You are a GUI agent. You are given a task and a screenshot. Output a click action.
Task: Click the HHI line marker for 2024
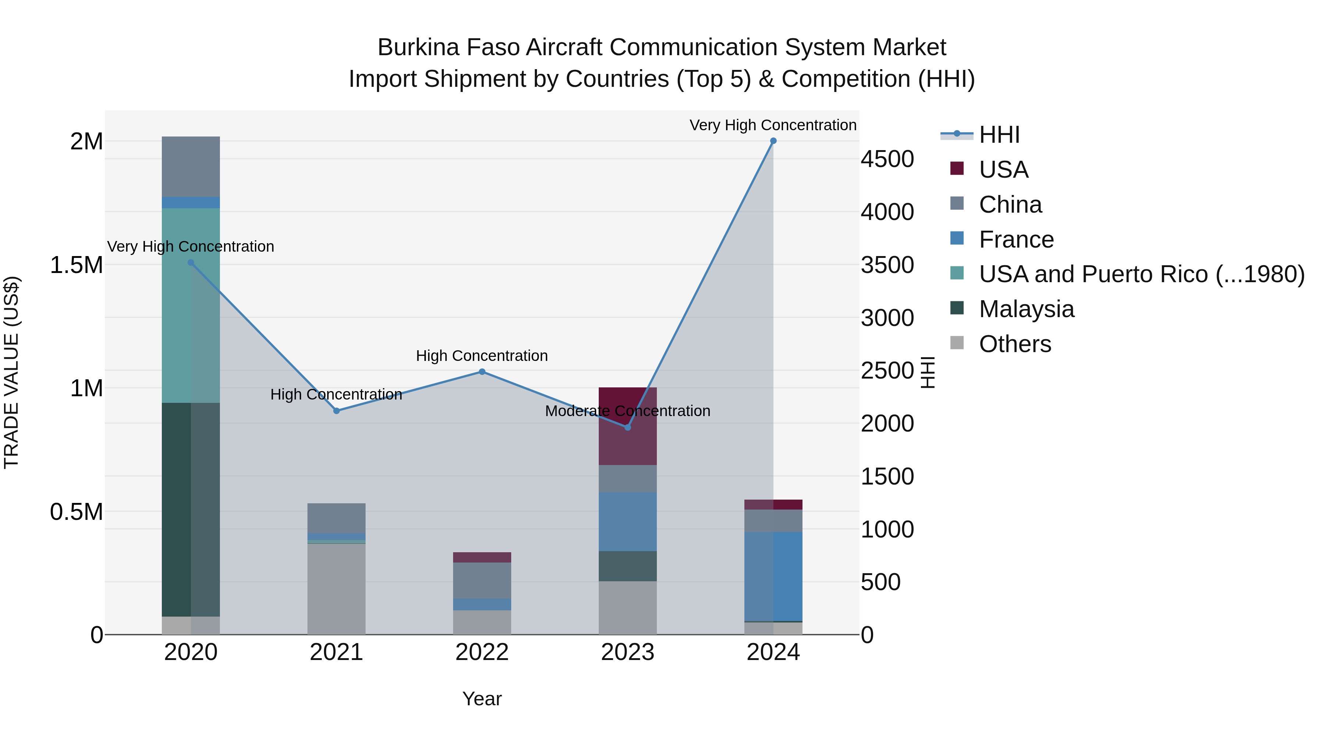(x=773, y=141)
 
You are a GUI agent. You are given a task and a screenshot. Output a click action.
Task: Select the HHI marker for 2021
(x=336, y=411)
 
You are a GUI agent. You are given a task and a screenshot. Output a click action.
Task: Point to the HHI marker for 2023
(x=627, y=427)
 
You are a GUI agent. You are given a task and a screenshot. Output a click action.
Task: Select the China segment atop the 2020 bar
(x=191, y=167)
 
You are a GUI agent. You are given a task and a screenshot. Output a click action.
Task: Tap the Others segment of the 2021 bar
(x=336, y=589)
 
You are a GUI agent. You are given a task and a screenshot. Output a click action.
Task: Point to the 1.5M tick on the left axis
(x=76, y=265)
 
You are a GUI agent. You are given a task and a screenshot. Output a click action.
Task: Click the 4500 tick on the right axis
(x=887, y=159)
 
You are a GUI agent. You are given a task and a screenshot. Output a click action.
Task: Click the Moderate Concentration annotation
(x=627, y=411)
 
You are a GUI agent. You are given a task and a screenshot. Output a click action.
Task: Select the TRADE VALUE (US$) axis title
(x=11, y=372)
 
